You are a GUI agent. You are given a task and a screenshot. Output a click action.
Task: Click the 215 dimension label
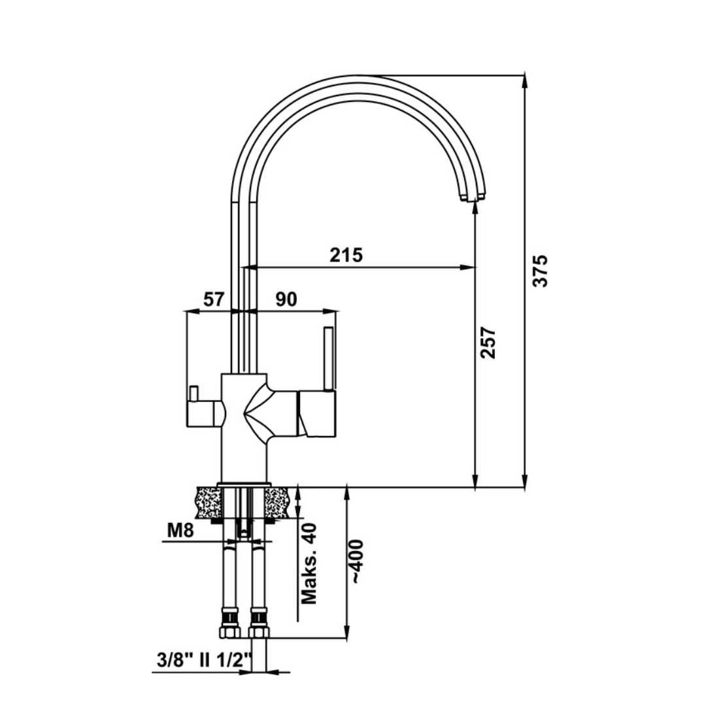(346, 254)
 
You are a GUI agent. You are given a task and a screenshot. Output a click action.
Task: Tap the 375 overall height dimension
(540, 270)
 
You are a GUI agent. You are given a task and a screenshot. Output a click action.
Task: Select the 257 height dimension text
(489, 343)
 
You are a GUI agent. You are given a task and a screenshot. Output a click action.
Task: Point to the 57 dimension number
(214, 299)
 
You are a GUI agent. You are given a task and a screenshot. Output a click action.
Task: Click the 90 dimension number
(286, 299)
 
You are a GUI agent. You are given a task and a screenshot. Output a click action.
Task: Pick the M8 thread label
(180, 530)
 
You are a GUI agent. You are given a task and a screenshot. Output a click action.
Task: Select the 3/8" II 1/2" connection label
(205, 661)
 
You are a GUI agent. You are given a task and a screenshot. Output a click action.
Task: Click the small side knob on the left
(193, 393)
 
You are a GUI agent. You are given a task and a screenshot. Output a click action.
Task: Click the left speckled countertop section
(208, 502)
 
